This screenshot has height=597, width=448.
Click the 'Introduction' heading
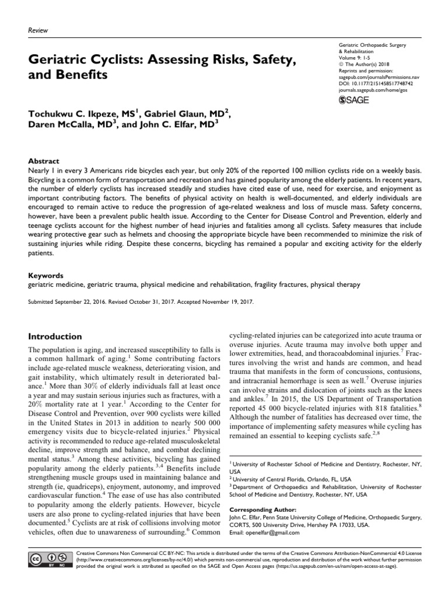[x=55, y=336]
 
